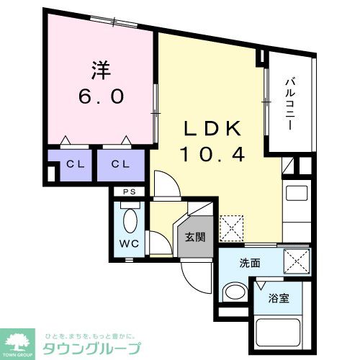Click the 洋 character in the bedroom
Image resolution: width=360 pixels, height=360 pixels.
(100, 71)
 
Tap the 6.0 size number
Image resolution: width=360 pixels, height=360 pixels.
(101, 96)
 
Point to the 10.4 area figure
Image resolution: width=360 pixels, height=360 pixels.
(213, 153)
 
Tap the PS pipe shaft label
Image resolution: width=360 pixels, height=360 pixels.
(129, 192)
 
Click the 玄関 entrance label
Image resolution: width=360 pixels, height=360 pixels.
(196, 238)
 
